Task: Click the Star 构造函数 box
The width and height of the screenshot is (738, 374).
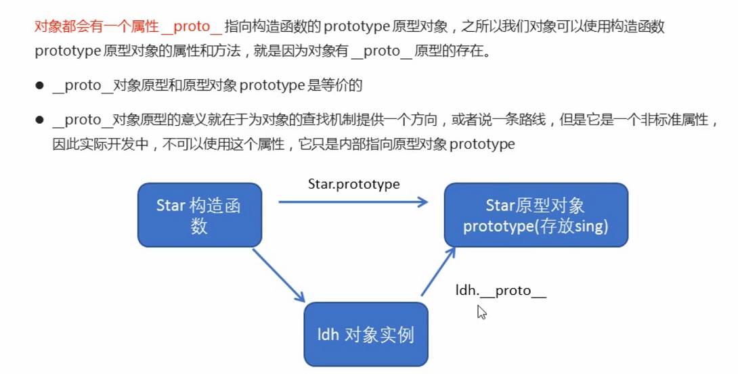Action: pyautogui.click(x=199, y=214)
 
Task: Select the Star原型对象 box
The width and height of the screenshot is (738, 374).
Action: pyautogui.click(x=536, y=215)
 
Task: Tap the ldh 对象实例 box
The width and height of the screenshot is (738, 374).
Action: pyautogui.click(x=366, y=334)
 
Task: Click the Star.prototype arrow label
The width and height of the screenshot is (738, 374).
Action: pyautogui.click(x=353, y=184)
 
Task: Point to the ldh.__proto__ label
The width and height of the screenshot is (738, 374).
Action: pyautogui.click(x=500, y=291)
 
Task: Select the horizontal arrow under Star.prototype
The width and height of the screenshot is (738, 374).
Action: pyautogui.click(x=353, y=202)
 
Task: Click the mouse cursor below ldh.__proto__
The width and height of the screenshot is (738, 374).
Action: pyautogui.click(x=481, y=312)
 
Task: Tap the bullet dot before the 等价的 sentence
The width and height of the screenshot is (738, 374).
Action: pyautogui.click(x=40, y=85)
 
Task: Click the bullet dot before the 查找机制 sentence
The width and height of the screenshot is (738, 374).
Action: pyautogui.click(x=40, y=120)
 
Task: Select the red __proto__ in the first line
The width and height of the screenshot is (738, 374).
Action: pyautogui.click(x=192, y=27)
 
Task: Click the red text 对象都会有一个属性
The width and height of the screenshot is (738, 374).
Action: pyautogui.click(x=96, y=27)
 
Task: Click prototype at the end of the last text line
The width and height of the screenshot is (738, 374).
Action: pyautogui.click(x=482, y=144)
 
